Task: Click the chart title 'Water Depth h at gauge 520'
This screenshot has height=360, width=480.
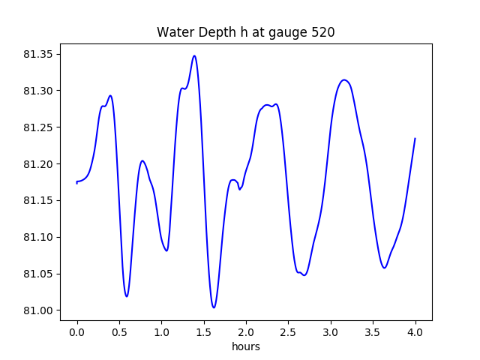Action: [245, 32]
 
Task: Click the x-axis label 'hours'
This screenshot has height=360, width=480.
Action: [245, 347]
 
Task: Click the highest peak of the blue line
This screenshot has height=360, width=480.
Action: [194, 55]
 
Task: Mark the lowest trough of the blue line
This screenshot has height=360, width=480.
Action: [214, 307]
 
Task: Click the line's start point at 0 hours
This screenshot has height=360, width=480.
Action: [77, 182]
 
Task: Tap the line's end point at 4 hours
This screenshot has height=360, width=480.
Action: [415, 139]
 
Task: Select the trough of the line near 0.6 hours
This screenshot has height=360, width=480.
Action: [127, 296]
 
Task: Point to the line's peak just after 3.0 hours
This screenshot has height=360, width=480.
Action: [344, 79]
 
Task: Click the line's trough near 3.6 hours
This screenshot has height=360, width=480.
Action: [384, 268]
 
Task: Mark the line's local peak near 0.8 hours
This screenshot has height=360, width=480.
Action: [142, 160]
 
